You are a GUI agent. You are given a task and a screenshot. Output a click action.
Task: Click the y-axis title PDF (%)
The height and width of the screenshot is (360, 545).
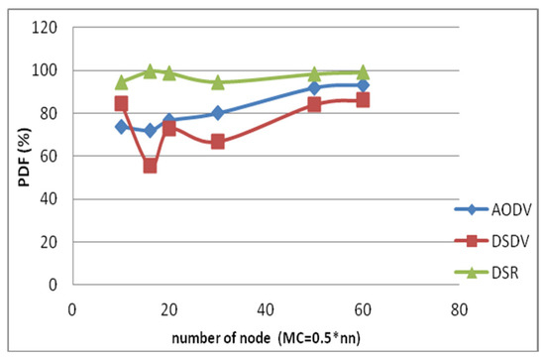(17, 156)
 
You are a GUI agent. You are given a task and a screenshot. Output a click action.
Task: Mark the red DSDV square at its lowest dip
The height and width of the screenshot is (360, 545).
(150, 166)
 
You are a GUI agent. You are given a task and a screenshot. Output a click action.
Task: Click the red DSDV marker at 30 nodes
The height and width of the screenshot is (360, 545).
(218, 142)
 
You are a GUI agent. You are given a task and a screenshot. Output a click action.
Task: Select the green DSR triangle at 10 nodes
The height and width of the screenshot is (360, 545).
(121, 82)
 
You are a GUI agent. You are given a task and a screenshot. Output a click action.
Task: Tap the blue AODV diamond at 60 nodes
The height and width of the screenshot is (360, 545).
(363, 85)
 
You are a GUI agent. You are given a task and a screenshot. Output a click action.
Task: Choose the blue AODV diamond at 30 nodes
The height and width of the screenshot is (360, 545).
(218, 113)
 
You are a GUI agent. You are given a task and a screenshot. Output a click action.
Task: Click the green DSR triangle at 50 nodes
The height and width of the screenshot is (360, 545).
(314, 74)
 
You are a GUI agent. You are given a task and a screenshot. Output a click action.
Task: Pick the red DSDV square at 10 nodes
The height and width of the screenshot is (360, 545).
(121, 103)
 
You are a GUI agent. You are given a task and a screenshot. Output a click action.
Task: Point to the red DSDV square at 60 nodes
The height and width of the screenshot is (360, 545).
(363, 100)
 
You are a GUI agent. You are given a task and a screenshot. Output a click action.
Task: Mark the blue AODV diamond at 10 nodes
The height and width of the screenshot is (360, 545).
(121, 127)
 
